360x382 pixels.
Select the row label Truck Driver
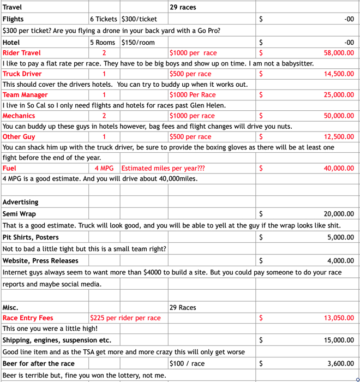pos(22,74)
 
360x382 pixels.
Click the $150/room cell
pos(138,42)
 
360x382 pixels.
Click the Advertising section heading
pos(20,202)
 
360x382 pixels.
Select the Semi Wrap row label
pos(19,214)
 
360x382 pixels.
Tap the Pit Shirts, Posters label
pos(31,237)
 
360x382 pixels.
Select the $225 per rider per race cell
pos(125,318)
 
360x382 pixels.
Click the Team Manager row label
pos(25,95)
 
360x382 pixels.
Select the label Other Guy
pos(19,136)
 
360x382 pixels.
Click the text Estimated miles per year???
pos(163,168)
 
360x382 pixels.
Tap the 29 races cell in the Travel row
pos(183,8)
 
